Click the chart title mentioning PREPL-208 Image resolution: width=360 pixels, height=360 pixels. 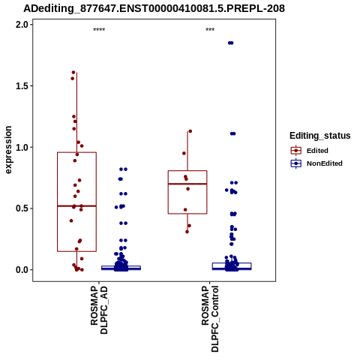[154, 9]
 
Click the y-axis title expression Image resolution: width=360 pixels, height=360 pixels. [8, 150]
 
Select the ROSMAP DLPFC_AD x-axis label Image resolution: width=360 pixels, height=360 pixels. [99, 310]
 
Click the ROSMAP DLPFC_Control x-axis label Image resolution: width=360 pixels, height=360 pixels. [210, 319]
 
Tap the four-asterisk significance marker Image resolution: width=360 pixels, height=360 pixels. [99, 30]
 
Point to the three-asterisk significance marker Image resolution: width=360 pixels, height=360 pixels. [210, 30]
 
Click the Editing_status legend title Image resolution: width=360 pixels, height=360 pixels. [320, 136]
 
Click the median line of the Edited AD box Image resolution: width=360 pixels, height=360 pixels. [76, 206]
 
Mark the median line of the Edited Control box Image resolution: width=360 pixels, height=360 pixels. [187, 184]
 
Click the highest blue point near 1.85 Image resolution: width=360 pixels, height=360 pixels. [230, 43]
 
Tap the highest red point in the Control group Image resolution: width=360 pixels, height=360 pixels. [190, 131]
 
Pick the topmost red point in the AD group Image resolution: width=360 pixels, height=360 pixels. [73, 73]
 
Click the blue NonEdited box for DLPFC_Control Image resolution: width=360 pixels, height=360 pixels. [232, 266]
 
